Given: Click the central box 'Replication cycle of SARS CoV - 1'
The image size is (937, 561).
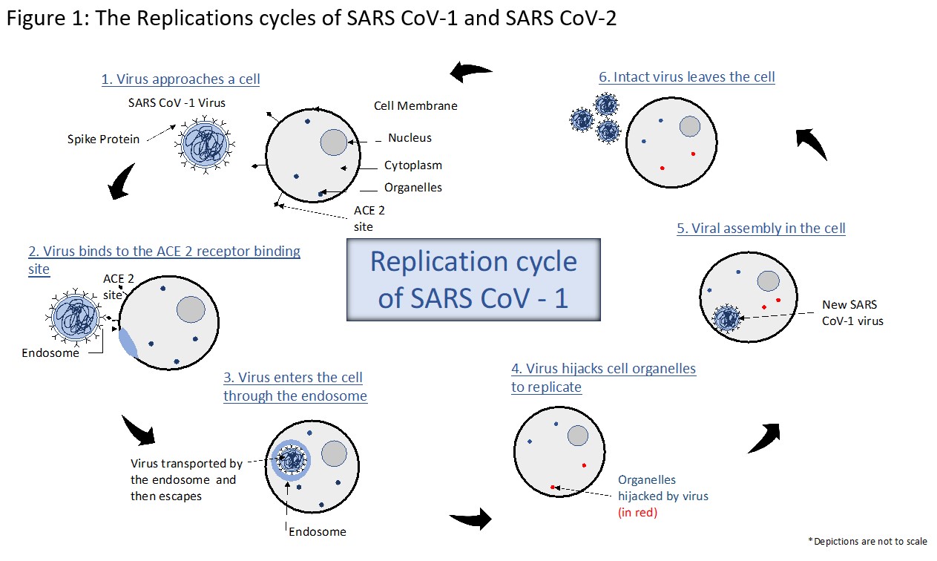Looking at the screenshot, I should click(473, 279).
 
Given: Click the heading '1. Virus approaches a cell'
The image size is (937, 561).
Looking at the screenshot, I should click(180, 79).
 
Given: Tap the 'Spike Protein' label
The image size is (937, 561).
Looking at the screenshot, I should click(103, 139).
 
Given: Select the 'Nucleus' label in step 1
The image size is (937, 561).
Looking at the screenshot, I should click(410, 137).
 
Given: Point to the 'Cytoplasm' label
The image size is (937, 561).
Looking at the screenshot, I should click(412, 165).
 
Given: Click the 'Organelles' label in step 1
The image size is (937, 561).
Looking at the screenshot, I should click(412, 188).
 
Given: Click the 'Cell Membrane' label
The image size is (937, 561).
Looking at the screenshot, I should click(415, 105).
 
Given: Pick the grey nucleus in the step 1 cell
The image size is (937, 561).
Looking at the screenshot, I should click(334, 142).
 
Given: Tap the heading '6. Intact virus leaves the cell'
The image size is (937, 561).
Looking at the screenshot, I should click(686, 77).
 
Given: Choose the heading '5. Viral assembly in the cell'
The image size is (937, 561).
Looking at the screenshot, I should click(760, 229).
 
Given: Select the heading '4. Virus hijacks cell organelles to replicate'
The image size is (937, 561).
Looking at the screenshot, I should click(603, 378).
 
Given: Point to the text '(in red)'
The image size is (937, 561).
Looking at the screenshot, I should click(638, 512).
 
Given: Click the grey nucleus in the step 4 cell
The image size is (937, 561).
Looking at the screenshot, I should click(579, 436).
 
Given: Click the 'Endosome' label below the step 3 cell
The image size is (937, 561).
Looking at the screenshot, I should click(317, 531).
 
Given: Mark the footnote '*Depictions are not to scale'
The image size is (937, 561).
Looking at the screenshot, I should click(867, 541).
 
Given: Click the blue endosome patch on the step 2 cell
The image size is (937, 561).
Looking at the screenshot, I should click(128, 342).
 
